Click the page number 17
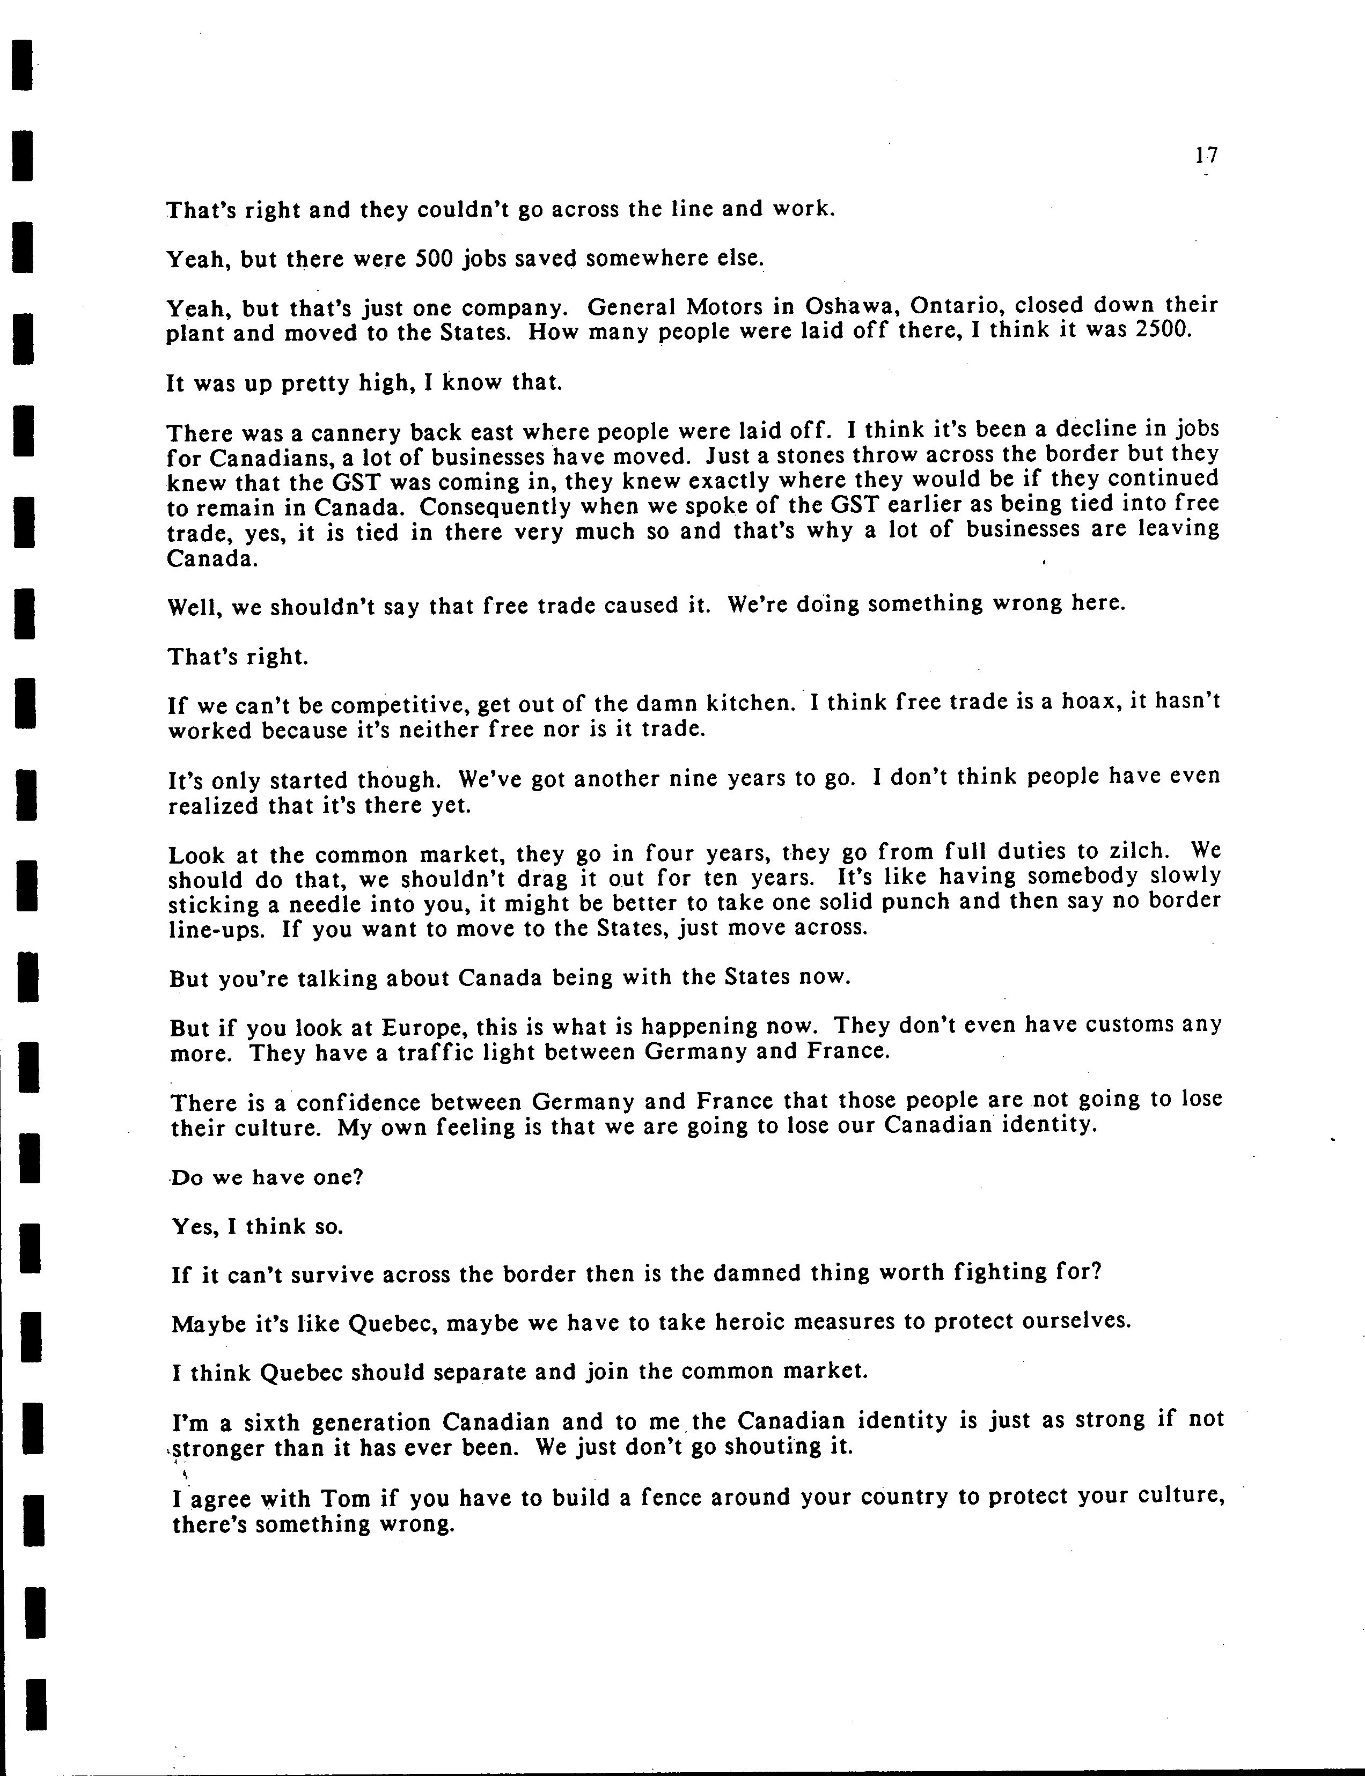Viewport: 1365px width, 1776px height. pos(1206,155)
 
